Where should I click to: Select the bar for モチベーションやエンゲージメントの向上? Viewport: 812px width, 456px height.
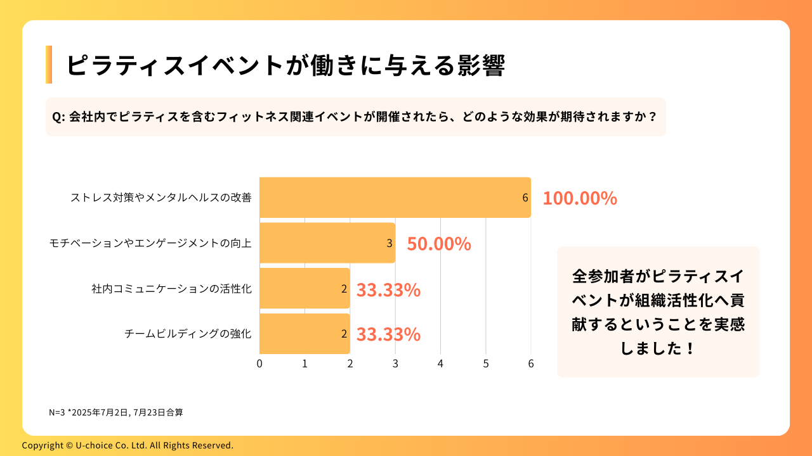point(327,243)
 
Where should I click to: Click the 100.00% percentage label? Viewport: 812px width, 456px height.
point(580,198)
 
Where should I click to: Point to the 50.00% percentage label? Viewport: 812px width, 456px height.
point(439,244)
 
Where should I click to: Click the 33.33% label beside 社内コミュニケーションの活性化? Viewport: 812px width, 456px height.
point(388,289)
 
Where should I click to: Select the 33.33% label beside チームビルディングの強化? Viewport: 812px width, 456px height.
point(388,334)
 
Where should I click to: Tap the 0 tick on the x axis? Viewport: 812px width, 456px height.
point(259,364)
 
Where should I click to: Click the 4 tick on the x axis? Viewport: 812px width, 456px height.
point(440,364)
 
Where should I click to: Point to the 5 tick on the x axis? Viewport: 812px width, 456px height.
point(486,364)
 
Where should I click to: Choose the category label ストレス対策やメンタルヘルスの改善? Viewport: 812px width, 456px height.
point(161,198)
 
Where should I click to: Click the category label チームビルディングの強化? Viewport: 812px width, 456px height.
point(188,334)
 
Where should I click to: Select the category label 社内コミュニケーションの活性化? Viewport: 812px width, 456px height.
point(171,289)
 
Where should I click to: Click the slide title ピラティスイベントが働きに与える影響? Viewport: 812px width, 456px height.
point(285,65)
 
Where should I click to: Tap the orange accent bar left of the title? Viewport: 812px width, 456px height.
point(49,65)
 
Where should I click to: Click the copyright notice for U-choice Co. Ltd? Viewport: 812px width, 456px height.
point(128,445)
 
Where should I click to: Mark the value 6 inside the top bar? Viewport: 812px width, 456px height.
point(525,198)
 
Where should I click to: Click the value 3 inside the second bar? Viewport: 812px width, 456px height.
point(390,243)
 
